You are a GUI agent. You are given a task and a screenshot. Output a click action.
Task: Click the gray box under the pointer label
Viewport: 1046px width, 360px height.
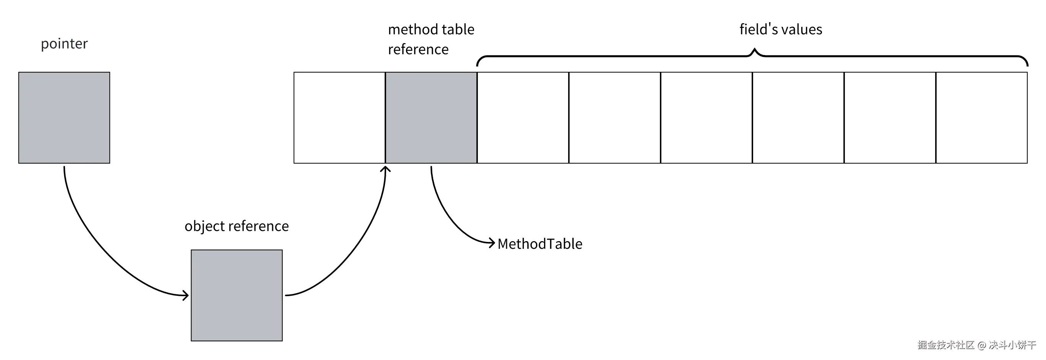coord(64,118)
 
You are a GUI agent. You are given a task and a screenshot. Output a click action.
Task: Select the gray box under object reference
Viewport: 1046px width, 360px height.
coord(237,295)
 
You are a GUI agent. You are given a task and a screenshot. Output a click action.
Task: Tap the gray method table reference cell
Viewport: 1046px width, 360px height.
coord(431,118)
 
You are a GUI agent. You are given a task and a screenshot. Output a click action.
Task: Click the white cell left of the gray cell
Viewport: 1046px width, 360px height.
coord(339,118)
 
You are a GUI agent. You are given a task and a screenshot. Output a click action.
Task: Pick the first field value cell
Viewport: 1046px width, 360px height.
coord(523,118)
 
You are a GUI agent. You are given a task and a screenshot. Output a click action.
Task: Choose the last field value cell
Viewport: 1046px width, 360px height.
coord(981,118)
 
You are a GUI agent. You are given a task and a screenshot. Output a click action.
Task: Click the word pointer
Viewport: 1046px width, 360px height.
coord(64,44)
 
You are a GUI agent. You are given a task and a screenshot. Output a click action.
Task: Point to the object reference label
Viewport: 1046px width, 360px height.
coord(237,226)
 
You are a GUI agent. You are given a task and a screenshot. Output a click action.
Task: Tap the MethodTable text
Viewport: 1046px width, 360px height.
coord(540,244)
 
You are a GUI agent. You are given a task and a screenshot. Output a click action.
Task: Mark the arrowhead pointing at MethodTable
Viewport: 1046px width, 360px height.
coord(492,243)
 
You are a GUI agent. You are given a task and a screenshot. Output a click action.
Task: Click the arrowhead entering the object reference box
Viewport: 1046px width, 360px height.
coord(185,295)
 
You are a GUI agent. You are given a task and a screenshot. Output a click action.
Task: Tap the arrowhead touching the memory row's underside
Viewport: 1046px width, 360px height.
coord(385,169)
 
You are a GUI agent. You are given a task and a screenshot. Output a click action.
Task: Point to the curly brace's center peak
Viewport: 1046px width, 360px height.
coord(754,51)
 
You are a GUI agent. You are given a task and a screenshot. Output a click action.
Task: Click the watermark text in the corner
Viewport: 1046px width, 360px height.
coord(976,345)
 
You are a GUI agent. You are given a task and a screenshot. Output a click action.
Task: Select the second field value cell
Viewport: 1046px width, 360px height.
coord(615,118)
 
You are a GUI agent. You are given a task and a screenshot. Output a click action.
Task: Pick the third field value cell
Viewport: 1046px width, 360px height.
coord(707,118)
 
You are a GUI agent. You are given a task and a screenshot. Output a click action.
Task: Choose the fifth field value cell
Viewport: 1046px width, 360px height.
coord(890,118)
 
